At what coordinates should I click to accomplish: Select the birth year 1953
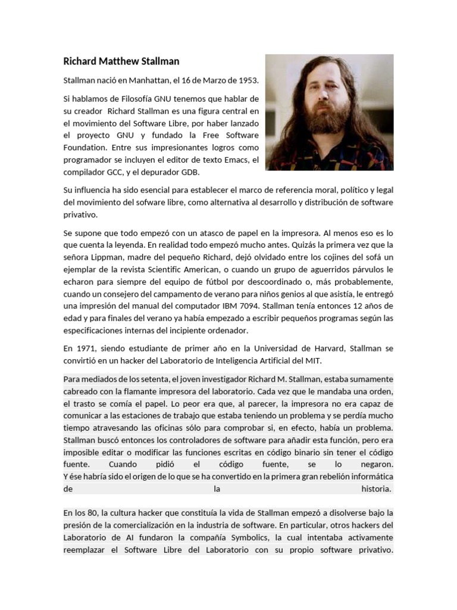pyautogui.click(x=248, y=80)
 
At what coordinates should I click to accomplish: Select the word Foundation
pyautogui.click(x=85, y=147)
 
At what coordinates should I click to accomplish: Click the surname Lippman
pyautogui.click(x=108, y=257)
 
